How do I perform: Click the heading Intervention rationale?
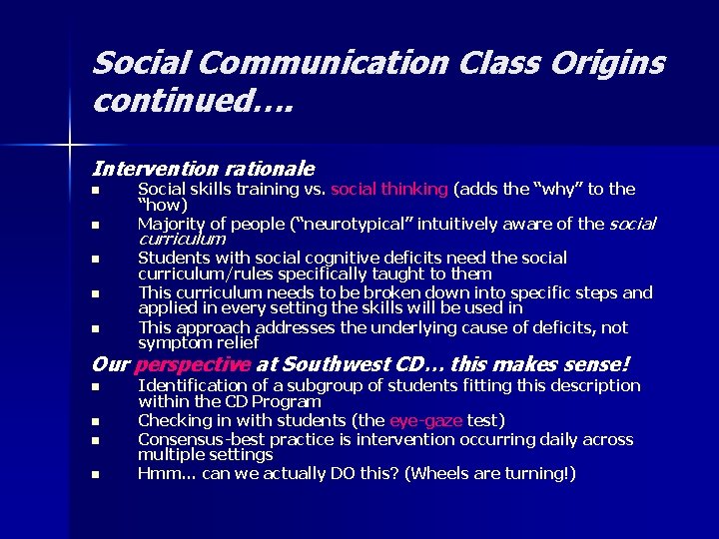(203, 170)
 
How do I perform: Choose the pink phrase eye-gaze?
(424, 420)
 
